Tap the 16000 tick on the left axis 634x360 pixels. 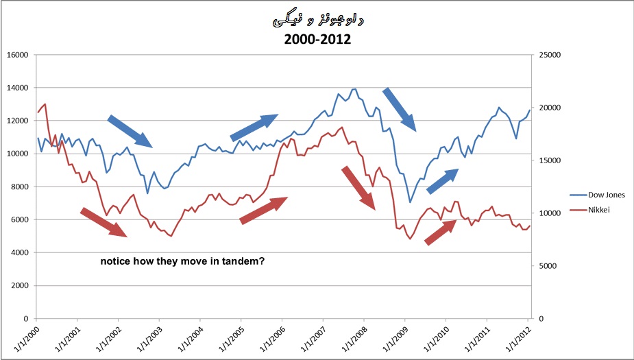(x=17, y=55)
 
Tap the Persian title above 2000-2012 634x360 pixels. (x=317, y=21)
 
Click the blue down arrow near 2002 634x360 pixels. (x=130, y=131)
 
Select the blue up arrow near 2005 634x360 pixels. (x=254, y=128)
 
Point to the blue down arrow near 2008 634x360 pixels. (x=400, y=109)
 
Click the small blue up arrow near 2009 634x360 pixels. (x=442, y=182)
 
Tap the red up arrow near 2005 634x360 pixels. (x=264, y=210)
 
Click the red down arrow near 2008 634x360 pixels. (x=358, y=187)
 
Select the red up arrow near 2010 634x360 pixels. (x=440, y=232)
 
